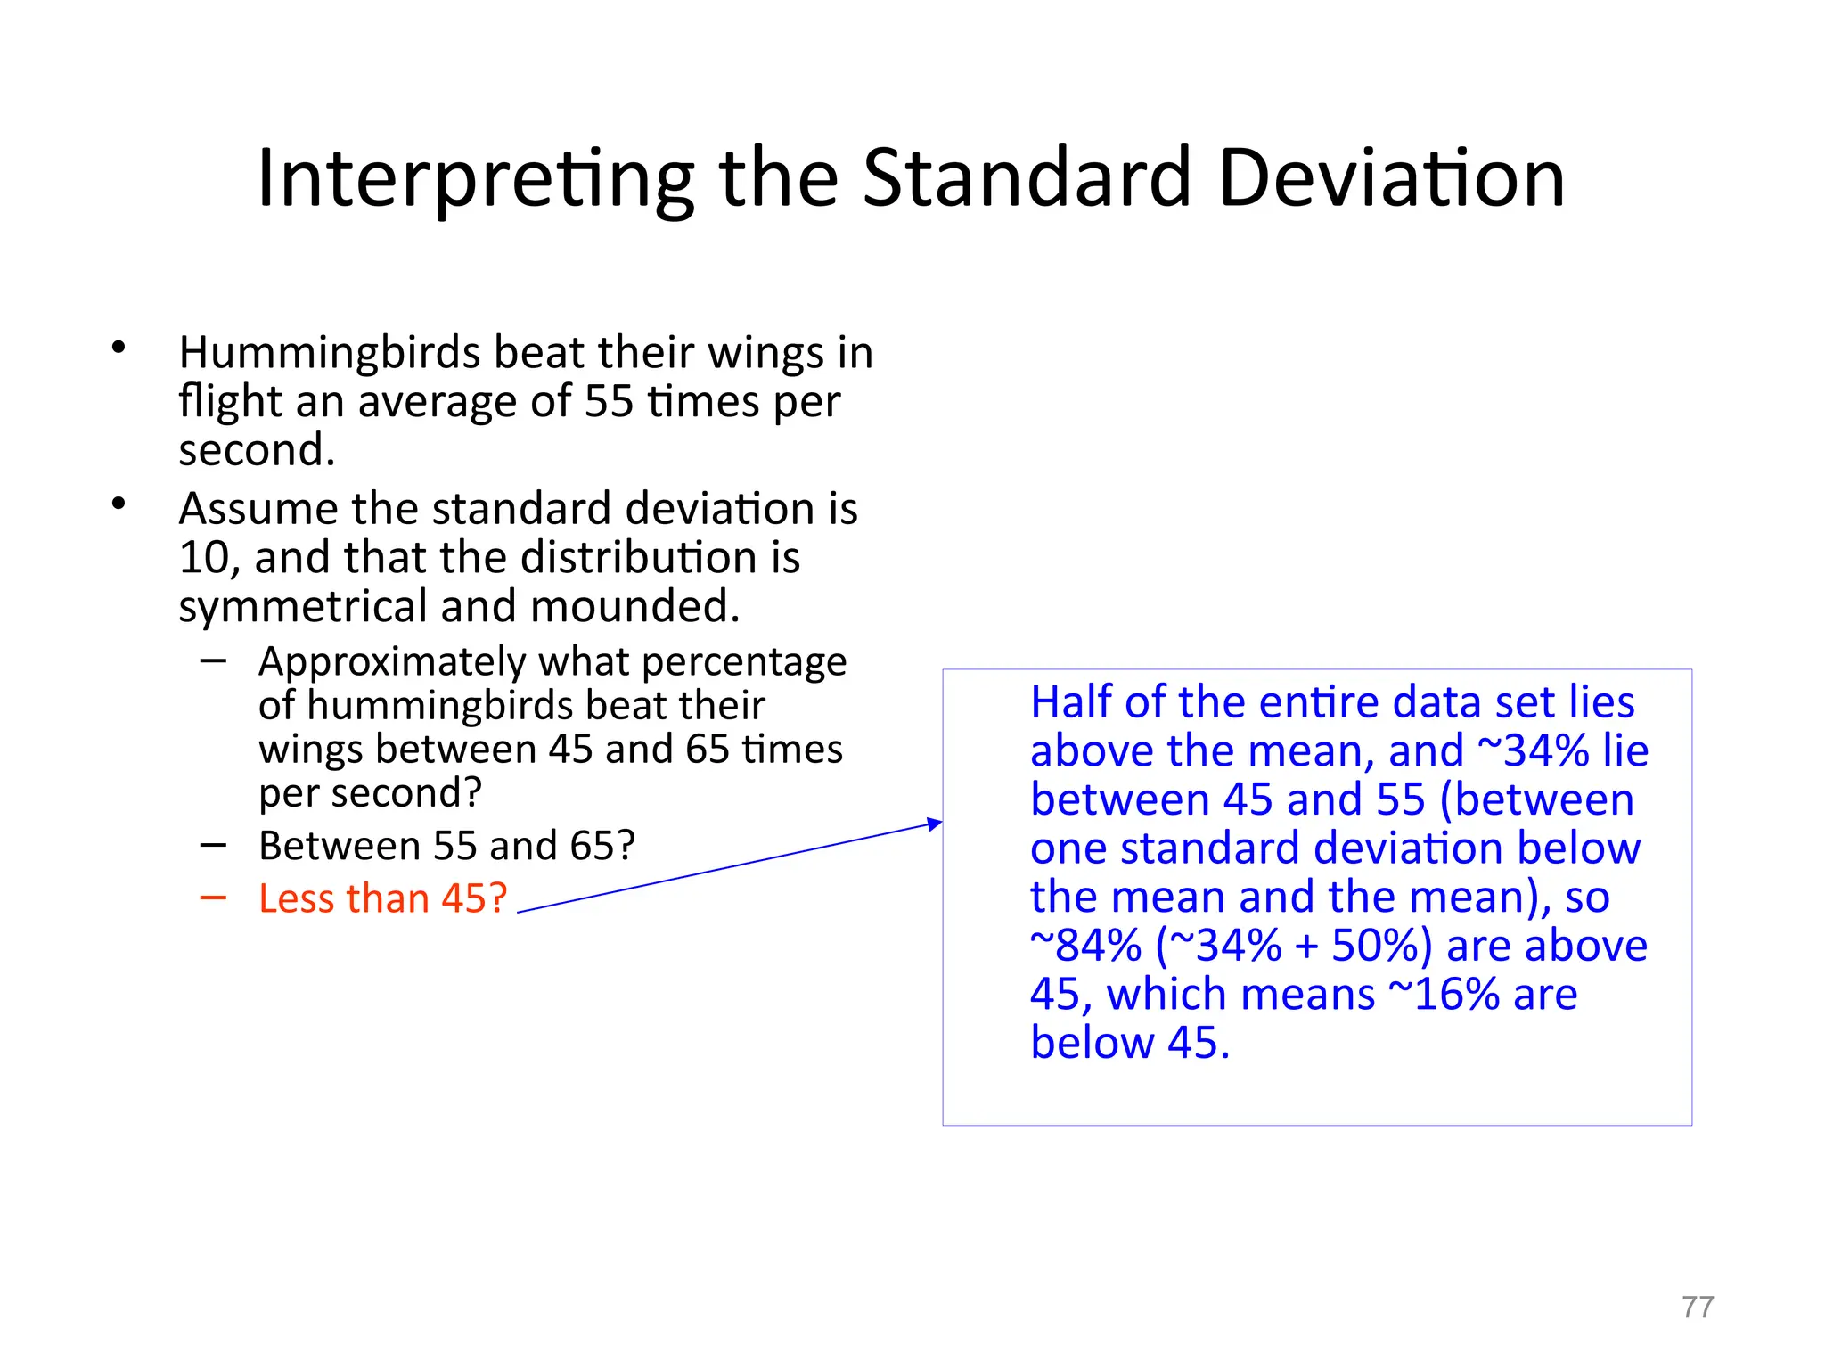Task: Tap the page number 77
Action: [1698, 1307]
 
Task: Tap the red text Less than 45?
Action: [382, 898]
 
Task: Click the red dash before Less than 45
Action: [213, 898]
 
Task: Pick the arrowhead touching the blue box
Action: [935, 824]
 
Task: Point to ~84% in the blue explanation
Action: [1084, 946]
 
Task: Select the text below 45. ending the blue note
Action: [1129, 1043]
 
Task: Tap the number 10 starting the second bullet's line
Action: [204, 559]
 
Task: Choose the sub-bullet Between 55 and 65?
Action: [446, 846]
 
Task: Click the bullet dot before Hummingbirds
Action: [119, 348]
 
